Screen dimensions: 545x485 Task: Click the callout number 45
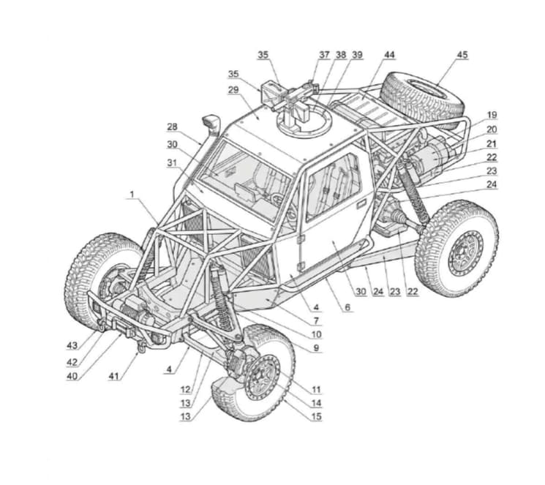(462, 55)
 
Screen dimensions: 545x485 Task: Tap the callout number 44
(389, 55)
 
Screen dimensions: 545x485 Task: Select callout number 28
(172, 127)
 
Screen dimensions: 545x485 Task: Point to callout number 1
(132, 195)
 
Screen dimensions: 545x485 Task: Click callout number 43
(72, 345)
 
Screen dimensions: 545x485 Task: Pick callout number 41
(114, 376)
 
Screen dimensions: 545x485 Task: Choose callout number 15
(316, 416)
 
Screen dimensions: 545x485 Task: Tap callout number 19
(492, 115)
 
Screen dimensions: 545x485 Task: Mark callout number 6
(347, 307)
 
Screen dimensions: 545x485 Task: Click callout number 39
(357, 55)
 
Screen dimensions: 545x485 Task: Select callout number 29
(233, 90)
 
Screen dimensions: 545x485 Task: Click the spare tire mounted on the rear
(422, 99)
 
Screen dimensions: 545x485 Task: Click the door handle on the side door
(361, 203)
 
